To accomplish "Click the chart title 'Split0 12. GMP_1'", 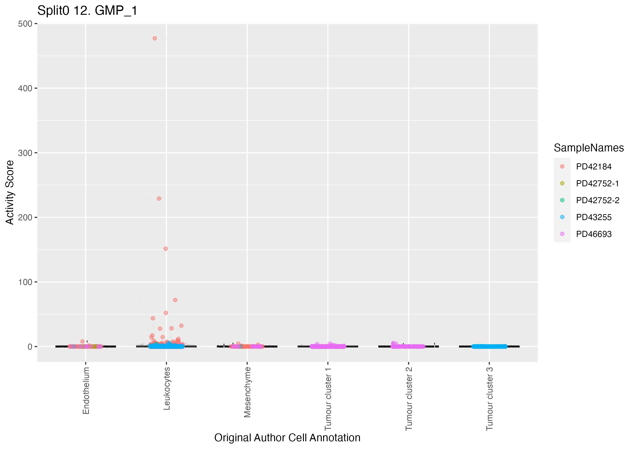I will click(x=87, y=11).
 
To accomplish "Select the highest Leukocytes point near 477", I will click(x=155, y=38).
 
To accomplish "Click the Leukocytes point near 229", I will click(x=159, y=198).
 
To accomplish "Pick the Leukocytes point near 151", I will click(x=166, y=249).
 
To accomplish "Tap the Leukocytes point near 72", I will click(x=175, y=300).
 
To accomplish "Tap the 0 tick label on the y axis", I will click(x=30, y=347).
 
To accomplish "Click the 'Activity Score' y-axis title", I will click(x=10, y=192).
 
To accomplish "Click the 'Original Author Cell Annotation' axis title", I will click(x=287, y=438).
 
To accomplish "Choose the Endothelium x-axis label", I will click(x=86, y=390).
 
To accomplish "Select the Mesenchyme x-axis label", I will click(x=247, y=392).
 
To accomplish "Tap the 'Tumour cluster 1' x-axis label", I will click(x=328, y=399).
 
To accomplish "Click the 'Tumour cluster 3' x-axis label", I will click(x=490, y=399).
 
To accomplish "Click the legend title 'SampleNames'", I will click(x=589, y=148).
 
